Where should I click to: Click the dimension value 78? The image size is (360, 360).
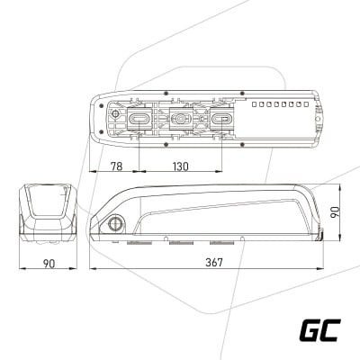(117, 166)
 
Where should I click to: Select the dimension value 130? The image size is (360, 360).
(181, 166)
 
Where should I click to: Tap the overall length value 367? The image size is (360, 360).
(214, 263)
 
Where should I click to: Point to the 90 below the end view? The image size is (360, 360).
(49, 264)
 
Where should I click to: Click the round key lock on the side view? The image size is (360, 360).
(115, 223)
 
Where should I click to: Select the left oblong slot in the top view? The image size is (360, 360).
(139, 120)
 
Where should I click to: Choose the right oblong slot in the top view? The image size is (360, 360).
(222, 120)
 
